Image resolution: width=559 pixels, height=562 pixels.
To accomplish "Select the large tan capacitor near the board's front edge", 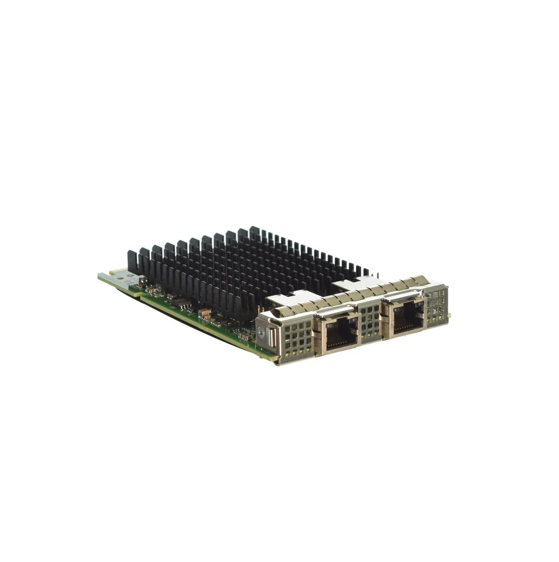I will (x=205, y=313).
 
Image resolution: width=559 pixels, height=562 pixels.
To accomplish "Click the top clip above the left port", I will (x=336, y=311).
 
